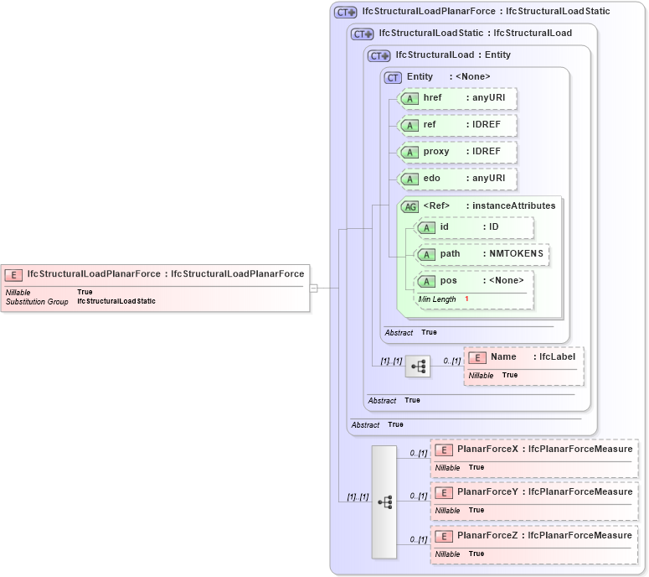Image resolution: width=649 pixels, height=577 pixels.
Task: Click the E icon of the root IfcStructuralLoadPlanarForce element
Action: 14,274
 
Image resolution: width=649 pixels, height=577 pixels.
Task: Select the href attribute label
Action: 432,98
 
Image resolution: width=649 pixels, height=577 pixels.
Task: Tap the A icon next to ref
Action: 409,125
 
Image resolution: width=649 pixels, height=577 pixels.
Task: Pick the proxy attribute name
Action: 436,152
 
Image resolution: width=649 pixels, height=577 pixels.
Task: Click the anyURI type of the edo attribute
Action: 488,179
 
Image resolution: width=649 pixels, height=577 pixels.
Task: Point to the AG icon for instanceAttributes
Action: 409,206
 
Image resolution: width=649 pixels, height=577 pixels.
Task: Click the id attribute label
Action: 446,227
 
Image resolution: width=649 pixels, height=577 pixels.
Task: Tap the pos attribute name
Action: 448,281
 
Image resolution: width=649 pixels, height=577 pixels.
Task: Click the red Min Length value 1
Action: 466,299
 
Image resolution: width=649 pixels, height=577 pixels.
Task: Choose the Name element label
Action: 503,357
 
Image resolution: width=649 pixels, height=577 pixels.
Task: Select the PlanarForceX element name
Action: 487,450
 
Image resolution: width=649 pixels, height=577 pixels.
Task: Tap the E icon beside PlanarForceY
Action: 443,492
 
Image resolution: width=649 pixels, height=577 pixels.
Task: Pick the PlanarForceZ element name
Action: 487,535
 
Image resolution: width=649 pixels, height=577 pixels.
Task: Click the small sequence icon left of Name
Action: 417,366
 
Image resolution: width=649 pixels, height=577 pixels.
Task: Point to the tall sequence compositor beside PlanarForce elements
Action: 384,502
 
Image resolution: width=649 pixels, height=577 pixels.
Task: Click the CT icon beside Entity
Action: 393,77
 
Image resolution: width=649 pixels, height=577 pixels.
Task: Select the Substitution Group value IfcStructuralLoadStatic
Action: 116,301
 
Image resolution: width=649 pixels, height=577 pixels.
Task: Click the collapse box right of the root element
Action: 313,288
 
